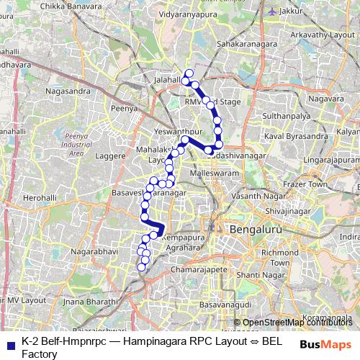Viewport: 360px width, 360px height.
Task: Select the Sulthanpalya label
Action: click(286, 115)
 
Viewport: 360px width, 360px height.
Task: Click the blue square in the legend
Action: click(10, 345)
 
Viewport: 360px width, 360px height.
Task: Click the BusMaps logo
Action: click(325, 345)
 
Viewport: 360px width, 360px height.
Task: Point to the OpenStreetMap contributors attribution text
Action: click(297, 323)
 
